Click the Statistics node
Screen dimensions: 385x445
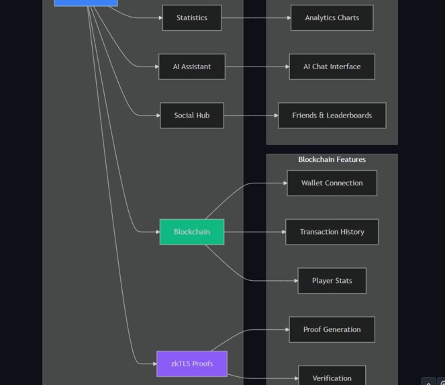(191, 18)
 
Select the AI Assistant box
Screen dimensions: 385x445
(191, 67)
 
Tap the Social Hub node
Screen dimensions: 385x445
(191, 116)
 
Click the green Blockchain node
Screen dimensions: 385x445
(191, 232)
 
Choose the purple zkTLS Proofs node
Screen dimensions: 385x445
(191, 363)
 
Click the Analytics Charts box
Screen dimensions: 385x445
(332, 18)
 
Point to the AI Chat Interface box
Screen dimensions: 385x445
(332, 67)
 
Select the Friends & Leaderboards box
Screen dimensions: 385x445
(332, 116)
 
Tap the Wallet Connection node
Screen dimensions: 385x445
(332, 183)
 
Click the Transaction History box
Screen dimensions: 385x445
(332, 232)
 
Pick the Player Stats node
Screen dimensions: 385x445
(332, 281)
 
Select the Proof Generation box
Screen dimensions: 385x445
(332, 329)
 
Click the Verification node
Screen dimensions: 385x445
(332, 378)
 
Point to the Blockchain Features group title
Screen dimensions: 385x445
(332, 159)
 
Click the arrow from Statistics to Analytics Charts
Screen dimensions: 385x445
(256, 18)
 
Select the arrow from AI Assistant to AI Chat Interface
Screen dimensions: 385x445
(257, 67)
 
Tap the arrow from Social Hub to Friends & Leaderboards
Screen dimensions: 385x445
(250, 116)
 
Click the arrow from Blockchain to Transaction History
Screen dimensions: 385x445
(254, 232)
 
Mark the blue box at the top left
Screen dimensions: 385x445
(85, 2)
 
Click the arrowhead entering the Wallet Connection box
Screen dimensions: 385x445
(285, 183)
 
